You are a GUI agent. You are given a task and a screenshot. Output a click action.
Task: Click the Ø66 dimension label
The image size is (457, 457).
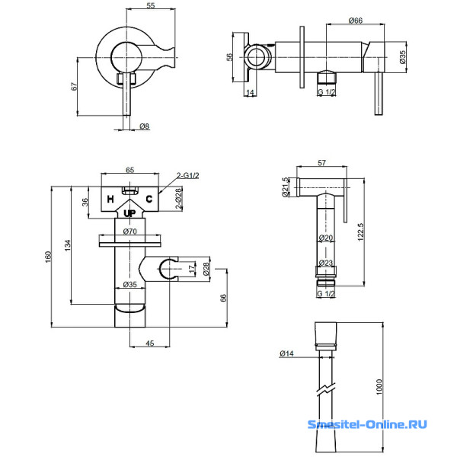pos(355,21)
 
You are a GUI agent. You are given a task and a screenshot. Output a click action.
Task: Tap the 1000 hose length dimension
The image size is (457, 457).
pos(379,387)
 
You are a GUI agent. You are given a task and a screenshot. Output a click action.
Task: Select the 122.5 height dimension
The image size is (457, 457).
pos(360,232)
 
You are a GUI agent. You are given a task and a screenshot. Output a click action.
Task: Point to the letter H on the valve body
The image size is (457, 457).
pos(110,200)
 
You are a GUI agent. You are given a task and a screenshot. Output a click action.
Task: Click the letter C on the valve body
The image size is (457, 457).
pos(149,199)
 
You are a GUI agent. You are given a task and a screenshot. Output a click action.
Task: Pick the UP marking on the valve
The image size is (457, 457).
pos(129,213)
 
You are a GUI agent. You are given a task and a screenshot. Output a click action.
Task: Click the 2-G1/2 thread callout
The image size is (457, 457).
pos(187,175)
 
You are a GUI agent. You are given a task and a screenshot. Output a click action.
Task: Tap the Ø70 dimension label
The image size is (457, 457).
pos(130,232)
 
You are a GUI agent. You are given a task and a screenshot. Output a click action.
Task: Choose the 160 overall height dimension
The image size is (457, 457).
pos(48,257)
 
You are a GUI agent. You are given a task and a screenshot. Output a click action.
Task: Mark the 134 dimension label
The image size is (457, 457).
pos(68,245)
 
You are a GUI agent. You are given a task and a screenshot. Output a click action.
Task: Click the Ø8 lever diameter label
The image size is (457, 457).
pos(144,126)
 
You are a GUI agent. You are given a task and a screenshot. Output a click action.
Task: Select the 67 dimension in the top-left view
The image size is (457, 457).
pos(75,87)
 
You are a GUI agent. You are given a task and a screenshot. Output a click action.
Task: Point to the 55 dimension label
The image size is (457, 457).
pos(151,5)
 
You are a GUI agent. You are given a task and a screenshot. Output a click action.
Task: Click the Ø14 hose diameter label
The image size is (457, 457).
pos(286,353)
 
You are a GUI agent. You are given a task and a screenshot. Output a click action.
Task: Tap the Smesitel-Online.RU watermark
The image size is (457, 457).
pos(367,424)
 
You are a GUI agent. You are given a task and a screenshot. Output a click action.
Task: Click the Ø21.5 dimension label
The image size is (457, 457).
pos(286,187)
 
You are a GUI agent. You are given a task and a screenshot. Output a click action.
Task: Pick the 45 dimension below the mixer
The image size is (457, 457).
pos(149,344)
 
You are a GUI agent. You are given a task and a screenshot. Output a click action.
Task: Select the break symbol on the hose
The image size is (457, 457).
pos(326,389)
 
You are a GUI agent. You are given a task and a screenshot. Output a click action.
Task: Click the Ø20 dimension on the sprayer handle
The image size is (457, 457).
pos(326,238)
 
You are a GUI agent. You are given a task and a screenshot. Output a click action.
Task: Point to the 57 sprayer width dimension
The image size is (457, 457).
pos(321,163)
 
